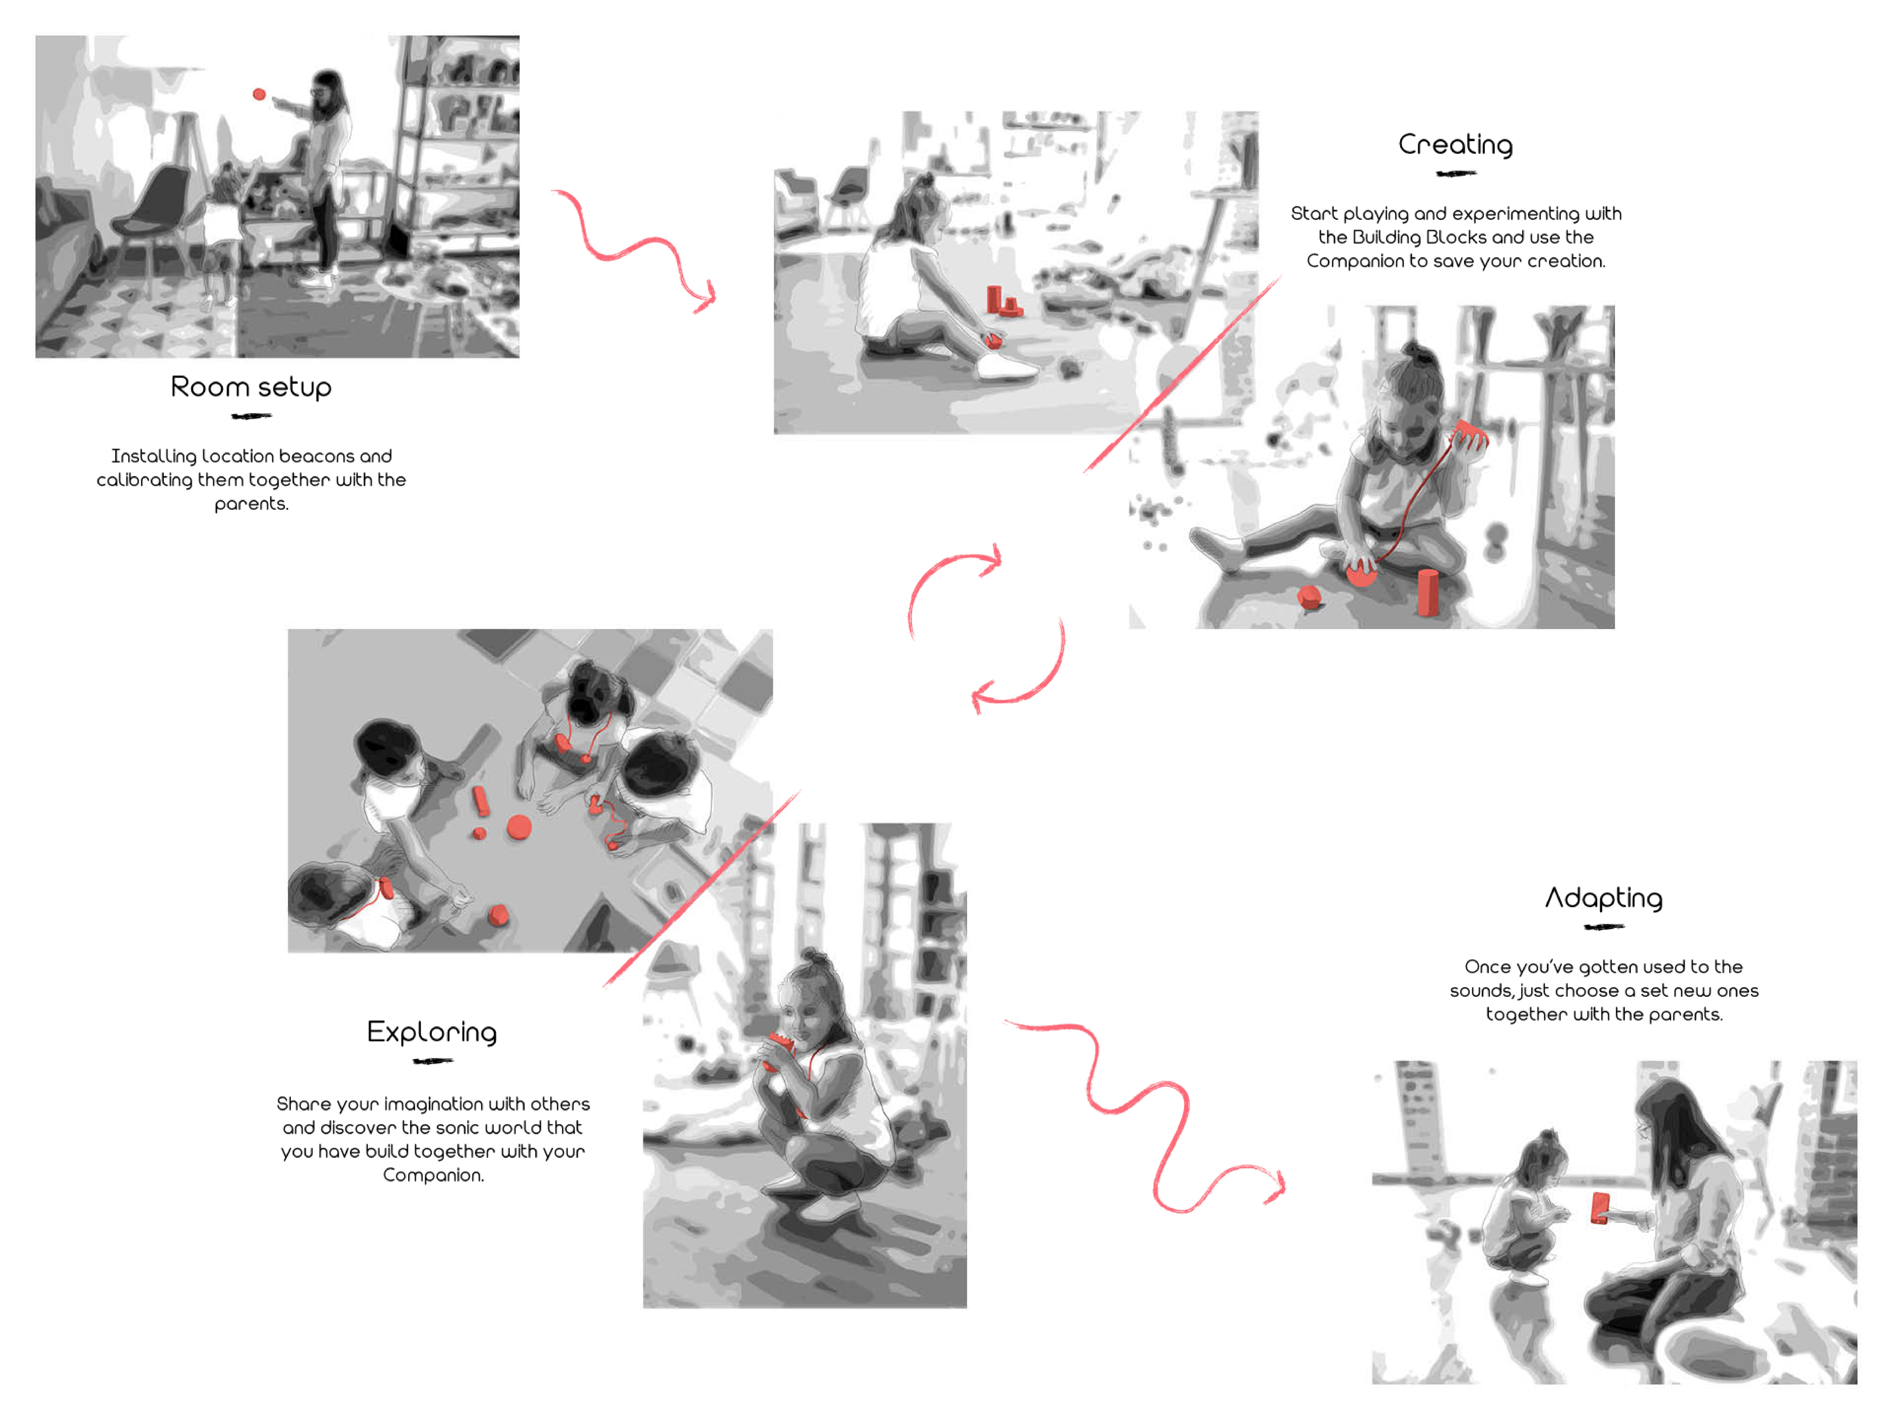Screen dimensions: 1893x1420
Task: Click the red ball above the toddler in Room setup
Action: [259, 94]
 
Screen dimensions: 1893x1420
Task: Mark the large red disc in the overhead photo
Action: [519, 827]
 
